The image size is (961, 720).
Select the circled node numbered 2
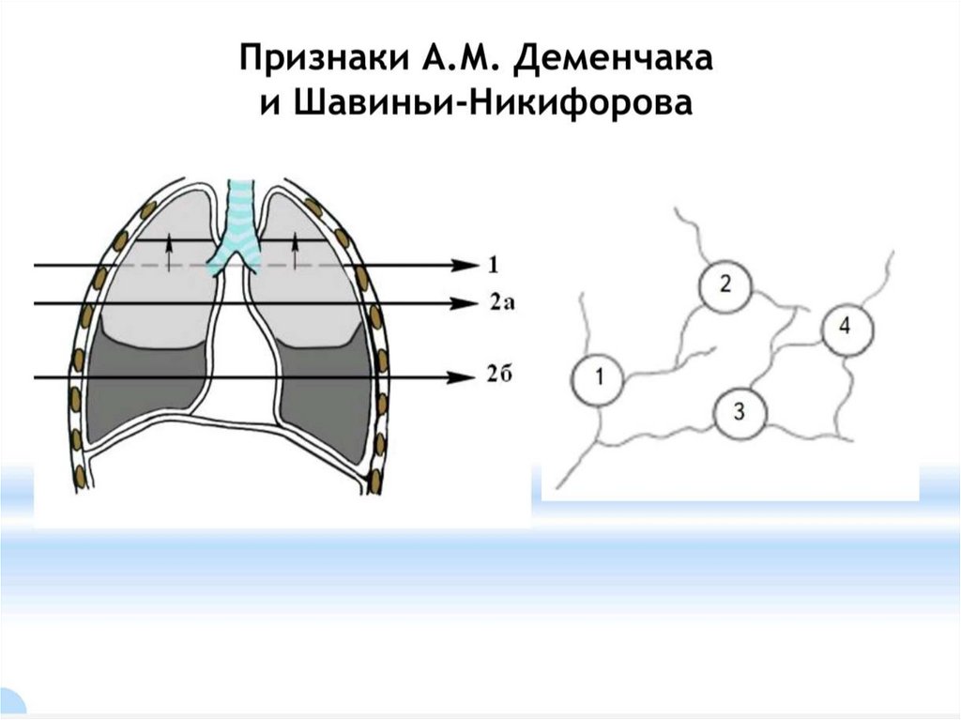point(725,285)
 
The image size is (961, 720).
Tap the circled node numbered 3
point(740,411)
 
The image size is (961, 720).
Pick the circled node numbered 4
point(847,328)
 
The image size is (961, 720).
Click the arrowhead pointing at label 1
point(463,266)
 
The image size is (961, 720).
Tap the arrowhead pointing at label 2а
point(463,302)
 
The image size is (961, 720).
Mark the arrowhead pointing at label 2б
point(463,377)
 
